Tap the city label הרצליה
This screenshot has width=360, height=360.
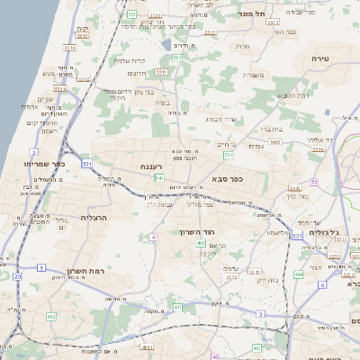click(94, 218)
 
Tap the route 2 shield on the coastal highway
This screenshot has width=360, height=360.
click(34, 152)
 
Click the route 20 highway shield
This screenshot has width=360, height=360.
click(17, 277)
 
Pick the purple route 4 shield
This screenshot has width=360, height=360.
click(154, 237)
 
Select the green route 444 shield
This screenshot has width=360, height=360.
click(298, 274)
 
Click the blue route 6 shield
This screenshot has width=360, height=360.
click(321, 284)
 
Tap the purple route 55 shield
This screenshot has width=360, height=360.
click(314, 182)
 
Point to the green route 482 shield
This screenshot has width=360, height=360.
click(51, 317)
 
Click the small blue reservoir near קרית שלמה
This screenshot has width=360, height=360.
click(166, 44)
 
